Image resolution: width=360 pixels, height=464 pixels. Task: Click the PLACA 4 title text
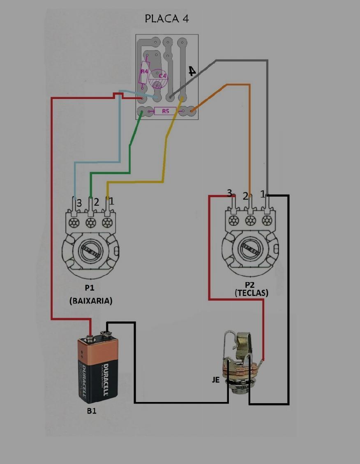[x=167, y=19]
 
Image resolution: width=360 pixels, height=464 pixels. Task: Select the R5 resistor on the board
[x=165, y=111]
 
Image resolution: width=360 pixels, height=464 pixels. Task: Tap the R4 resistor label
[x=144, y=71]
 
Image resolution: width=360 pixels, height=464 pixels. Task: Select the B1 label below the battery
[x=92, y=411]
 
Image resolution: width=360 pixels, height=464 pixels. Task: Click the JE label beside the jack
[x=216, y=380]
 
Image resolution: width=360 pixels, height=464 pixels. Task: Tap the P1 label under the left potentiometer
[x=90, y=287]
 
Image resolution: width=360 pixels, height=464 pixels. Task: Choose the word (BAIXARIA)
[x=91, y=301]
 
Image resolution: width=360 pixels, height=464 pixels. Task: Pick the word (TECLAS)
[x=252, y=293]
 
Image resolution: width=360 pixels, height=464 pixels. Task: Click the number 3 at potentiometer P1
[x=79, y=203]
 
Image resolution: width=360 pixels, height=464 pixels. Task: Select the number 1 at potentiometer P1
[x=112, y=201]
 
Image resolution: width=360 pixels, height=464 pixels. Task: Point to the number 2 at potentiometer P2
[x=245, y=196]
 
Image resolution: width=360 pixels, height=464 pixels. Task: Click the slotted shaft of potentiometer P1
[x=90, y=251]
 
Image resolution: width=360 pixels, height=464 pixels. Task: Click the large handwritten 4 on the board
[x=192, y=71]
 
